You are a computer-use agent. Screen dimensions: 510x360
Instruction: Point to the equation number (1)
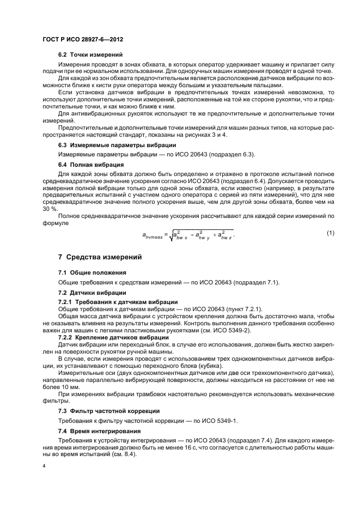pyautogui.click(x=330, y=218)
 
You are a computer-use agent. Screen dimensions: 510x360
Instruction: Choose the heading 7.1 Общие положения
pyautogui.click(x=92, y=272)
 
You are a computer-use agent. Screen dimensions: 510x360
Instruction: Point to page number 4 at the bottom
pyautogui.click(x=44, y=466)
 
